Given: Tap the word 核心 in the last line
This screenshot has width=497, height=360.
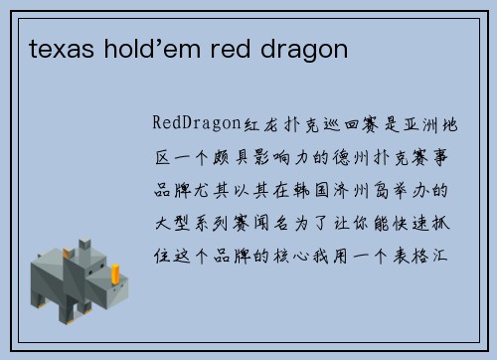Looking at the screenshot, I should [327, 247].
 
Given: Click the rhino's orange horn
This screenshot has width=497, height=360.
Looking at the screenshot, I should [116, 271].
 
